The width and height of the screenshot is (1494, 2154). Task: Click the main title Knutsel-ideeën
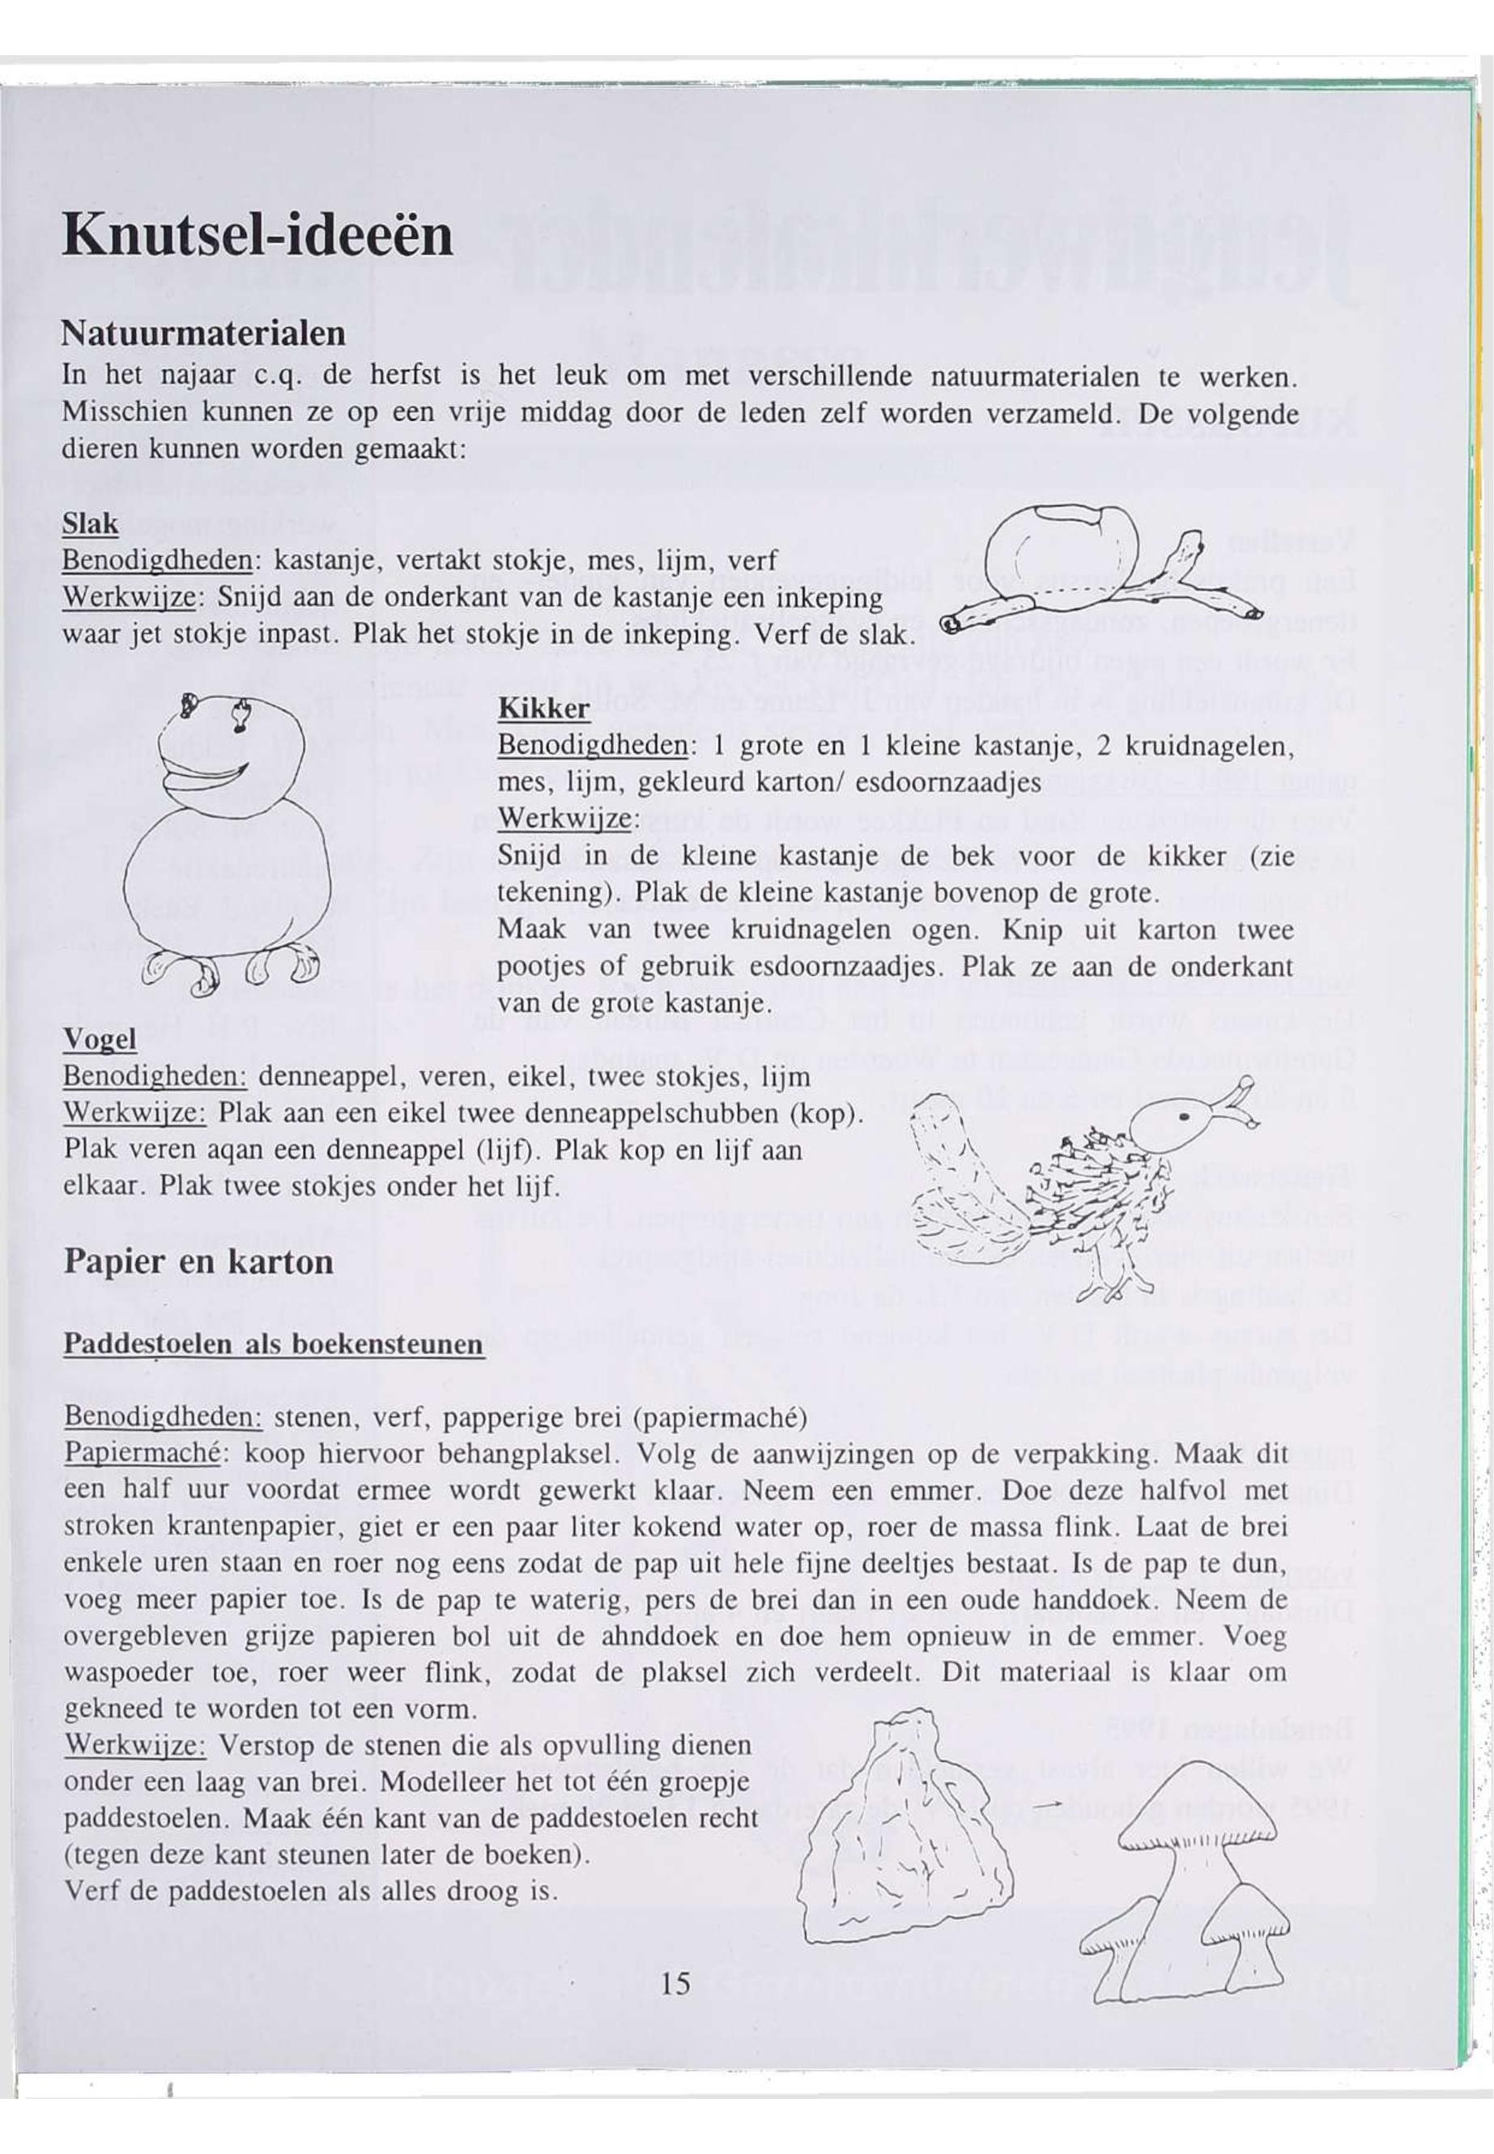click(258, 235)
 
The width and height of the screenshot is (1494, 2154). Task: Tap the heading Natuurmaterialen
click(203, 332)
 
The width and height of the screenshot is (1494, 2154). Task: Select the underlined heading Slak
click(90, 524)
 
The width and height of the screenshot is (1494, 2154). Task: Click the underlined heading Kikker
click(543, 709)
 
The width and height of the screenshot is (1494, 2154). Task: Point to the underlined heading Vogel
click(100, 1039)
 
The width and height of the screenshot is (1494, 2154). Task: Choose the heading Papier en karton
click(198, 1262)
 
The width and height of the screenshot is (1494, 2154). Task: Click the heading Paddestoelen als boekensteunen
click(274, 1344)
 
